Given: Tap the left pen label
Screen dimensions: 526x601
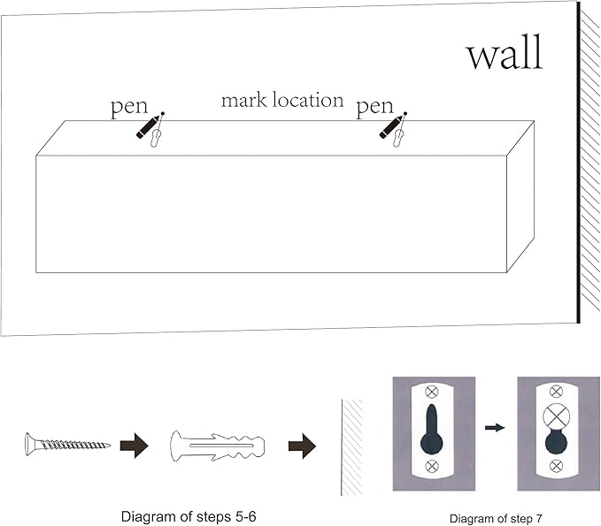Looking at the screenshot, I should [128, 108].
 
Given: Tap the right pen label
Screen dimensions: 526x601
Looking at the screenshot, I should [374, 108].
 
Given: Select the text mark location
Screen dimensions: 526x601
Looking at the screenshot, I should [281, 100].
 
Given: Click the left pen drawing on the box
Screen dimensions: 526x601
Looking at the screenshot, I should [150, 126].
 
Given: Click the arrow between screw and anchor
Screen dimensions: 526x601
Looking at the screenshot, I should [135, 445].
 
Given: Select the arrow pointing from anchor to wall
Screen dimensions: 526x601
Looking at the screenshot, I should [302, 445].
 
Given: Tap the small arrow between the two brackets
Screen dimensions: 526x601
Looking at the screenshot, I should [496, 428].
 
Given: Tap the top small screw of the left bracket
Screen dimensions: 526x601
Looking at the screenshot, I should [432, 392].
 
